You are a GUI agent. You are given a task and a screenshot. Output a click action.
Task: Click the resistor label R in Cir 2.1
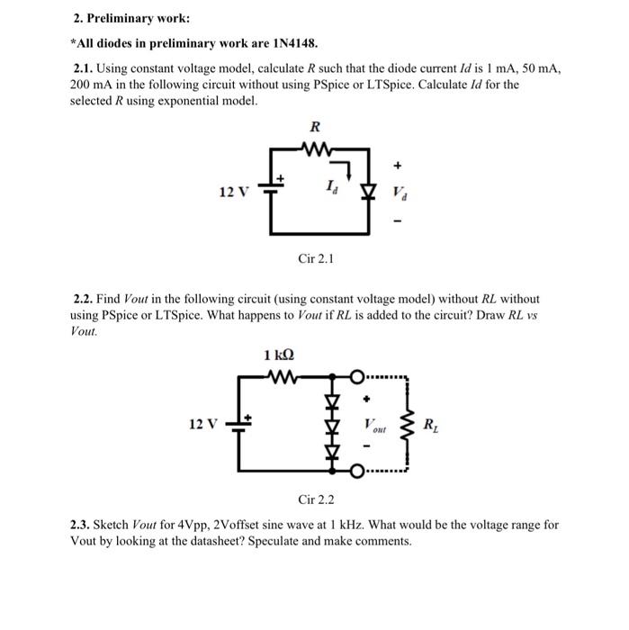316,127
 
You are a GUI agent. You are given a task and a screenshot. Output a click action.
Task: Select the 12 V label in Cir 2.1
232,192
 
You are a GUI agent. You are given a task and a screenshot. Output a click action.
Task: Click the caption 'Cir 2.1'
316,259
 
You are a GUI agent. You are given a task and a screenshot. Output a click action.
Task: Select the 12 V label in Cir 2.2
203,423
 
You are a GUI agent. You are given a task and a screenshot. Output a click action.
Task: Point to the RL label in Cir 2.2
432,424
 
